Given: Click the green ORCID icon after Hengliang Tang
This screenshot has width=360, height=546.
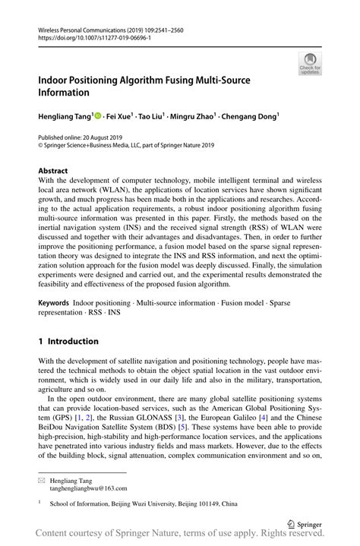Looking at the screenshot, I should (x=98, y=116).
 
